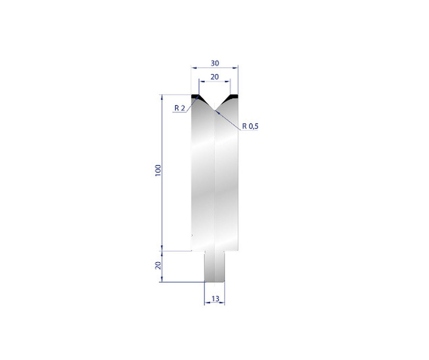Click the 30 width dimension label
point(214,63)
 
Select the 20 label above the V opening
point(214,77)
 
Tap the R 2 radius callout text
point(180,108)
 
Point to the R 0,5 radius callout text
point(250,126)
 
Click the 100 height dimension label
point(158,170)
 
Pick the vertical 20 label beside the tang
point(158,266)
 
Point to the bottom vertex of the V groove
point(214,111)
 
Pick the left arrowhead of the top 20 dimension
point(200,81)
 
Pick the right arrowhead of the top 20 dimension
point(229,81)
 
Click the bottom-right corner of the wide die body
point(238,251)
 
